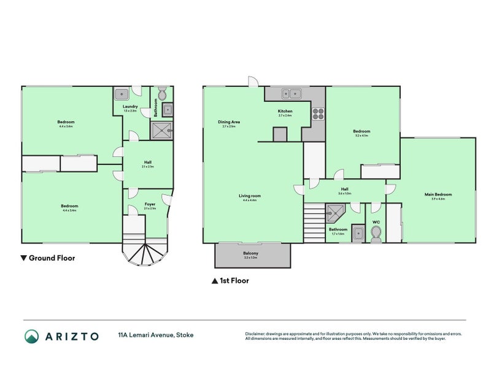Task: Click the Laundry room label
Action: pyautogui.click(x=130, y=107)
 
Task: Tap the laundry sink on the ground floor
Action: pyautogui.click(x=122, y=94)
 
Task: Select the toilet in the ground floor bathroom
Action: pyautogui.click(x=163, y=94)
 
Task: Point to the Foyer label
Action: pyautogui.click(x=150, y=204)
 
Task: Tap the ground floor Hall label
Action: pyautogui.click(x=147, y=163)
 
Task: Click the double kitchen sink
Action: pyautogui.click(x=291, y=94)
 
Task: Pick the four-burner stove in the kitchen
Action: pyautogui.click(x=319, y=113)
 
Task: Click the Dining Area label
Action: pyautogui.click(x=228, y=122)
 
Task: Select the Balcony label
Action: pyautogui.click(x=251, y=253)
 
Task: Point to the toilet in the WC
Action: pyautogui.click(x=377, y=232)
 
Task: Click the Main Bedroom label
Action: pyautogui.click(x=438, y=196)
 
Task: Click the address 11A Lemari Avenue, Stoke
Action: pyautogui.click(x=156, y=335)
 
